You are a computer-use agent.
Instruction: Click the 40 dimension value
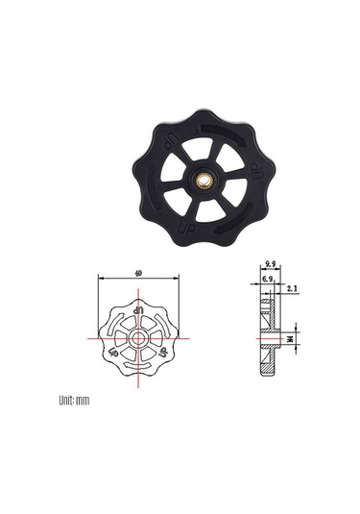(140, 273)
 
